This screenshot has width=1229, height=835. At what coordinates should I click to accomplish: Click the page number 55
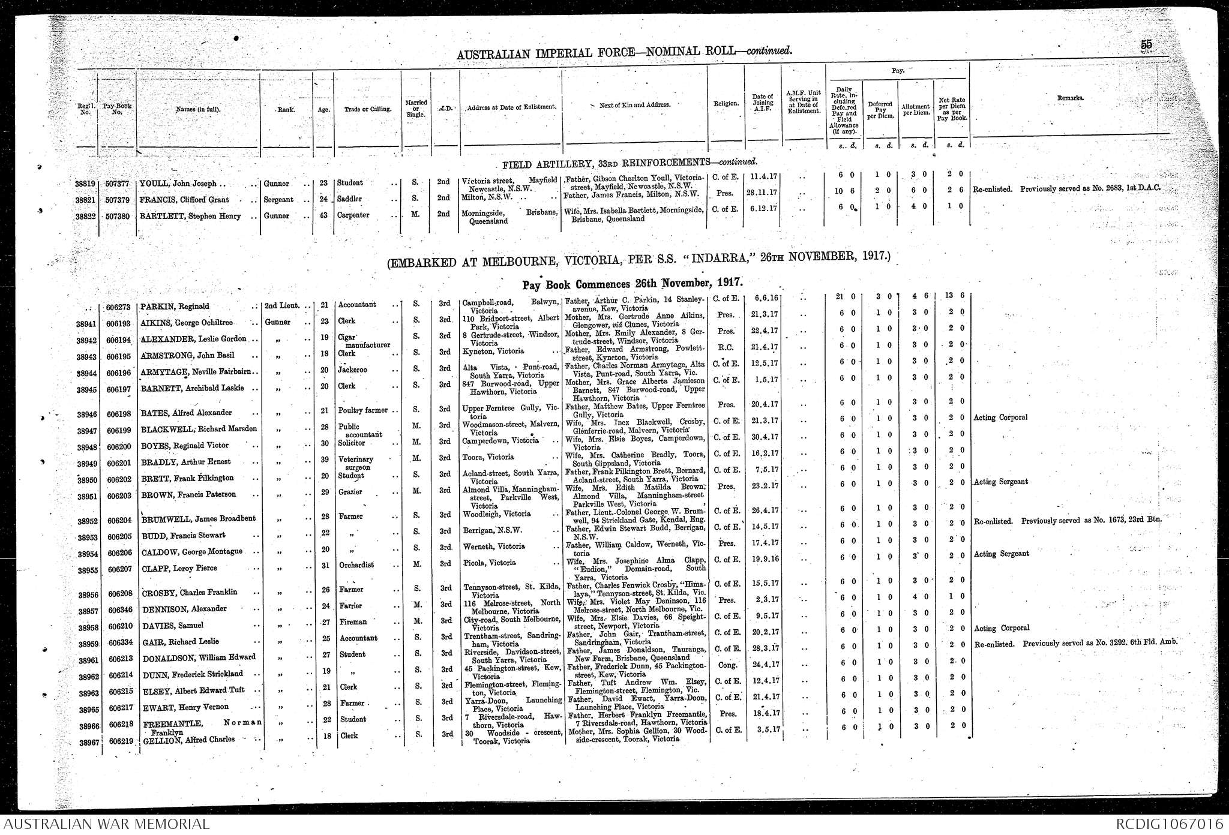1146,44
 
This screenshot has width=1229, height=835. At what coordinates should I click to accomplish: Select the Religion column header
726,104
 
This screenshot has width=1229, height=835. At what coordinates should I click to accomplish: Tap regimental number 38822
82,217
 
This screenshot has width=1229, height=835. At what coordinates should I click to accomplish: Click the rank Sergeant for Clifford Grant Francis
278,200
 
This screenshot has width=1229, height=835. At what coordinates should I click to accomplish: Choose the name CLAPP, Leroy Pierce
179,568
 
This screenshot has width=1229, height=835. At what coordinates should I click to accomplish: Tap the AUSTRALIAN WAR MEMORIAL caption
105,824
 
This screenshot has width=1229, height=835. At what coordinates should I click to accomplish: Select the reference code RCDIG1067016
1170,824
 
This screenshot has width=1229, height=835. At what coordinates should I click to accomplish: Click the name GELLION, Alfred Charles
188,740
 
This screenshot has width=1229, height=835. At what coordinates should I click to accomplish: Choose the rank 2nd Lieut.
281,306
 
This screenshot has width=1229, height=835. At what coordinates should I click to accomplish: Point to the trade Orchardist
356,565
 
